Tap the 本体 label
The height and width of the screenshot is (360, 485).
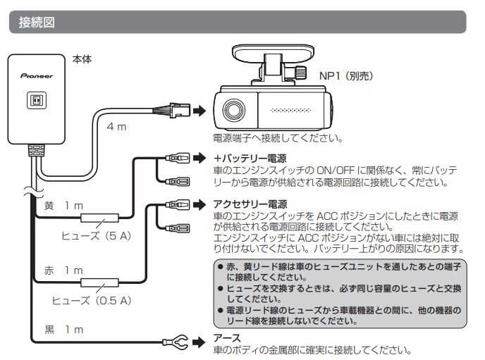[82, 59]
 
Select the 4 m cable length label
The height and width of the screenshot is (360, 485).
[116, 127]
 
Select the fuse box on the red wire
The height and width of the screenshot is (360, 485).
[99, 284]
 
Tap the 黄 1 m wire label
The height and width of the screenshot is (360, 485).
[63, 206]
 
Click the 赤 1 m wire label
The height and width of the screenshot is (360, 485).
[63, 271]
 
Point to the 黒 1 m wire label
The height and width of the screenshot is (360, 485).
[63, 329]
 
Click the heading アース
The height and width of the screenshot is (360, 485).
[227, 338]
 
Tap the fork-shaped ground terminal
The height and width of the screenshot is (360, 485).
[179, 342]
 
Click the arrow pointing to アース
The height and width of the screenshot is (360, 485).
[202, 342]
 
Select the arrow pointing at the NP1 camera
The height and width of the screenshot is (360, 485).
[201, 111]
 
